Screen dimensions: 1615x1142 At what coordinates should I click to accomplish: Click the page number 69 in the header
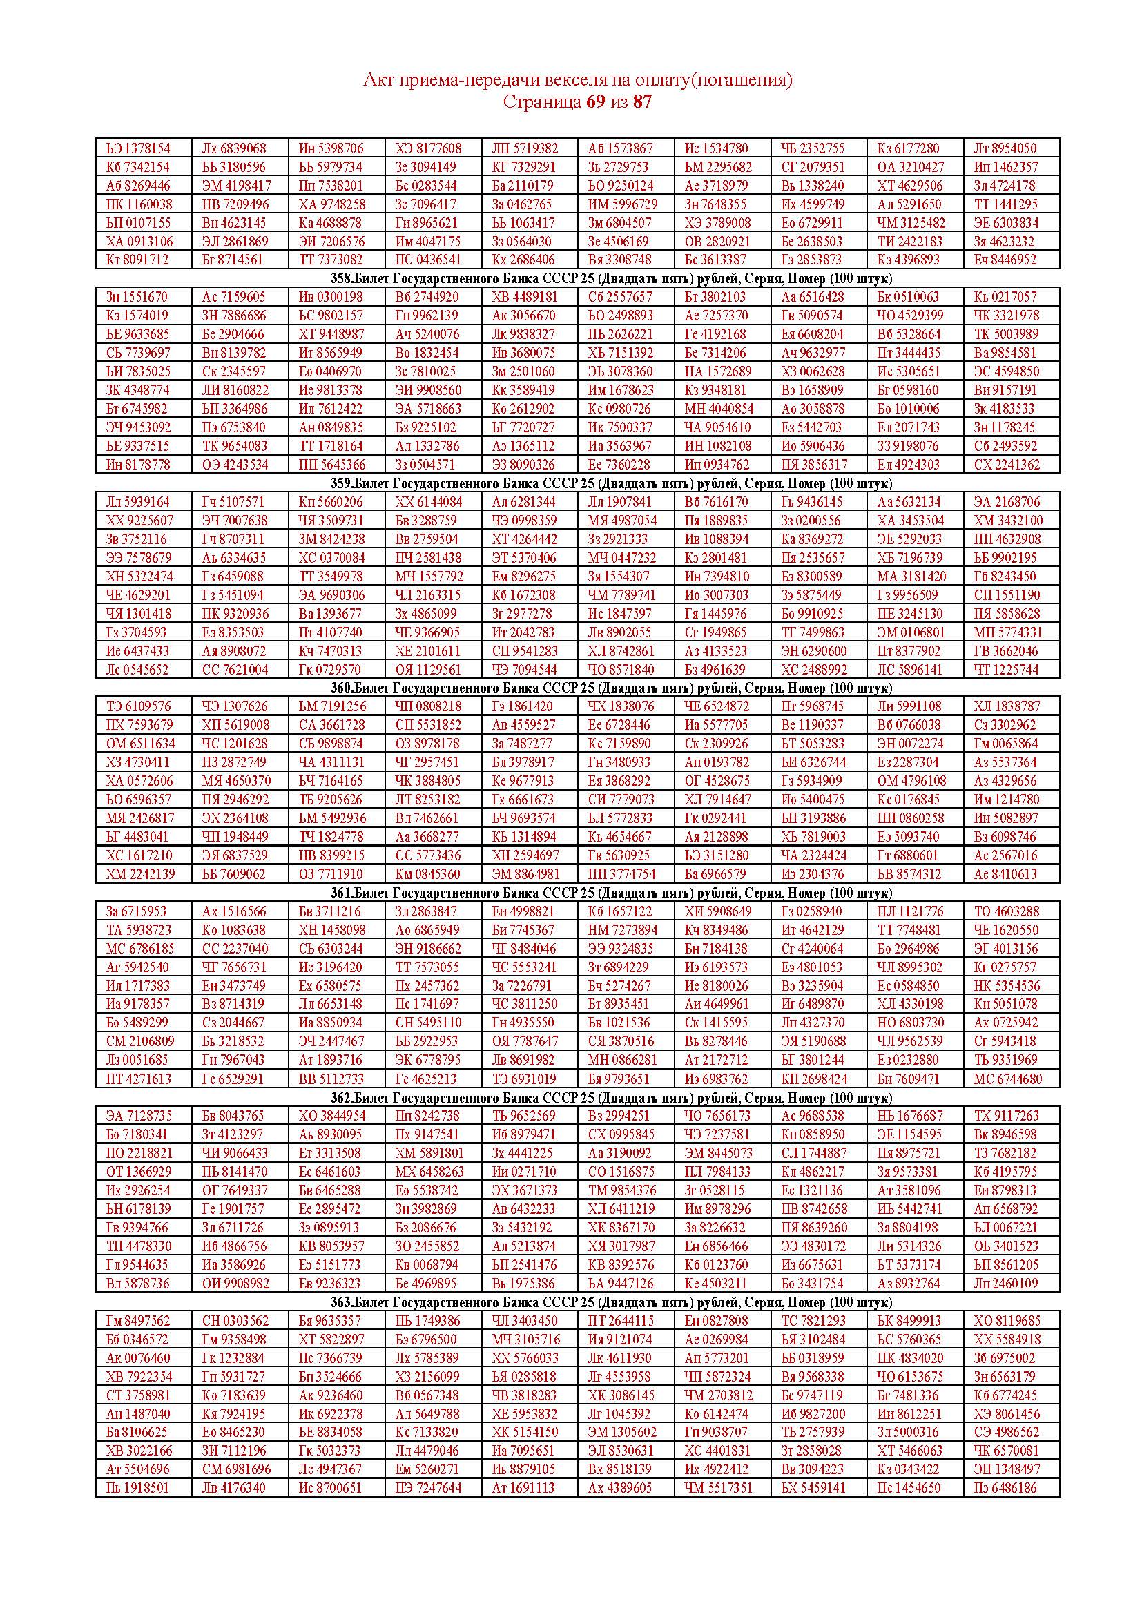595,102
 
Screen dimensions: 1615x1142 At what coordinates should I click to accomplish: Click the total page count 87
642,102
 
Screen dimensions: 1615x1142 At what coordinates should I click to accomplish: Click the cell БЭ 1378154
139,148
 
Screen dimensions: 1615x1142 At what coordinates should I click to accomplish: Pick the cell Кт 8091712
138,260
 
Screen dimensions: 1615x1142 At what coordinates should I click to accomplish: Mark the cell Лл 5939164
138,502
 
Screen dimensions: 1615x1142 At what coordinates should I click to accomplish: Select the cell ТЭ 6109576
138,706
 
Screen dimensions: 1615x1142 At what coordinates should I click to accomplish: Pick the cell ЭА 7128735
139,1116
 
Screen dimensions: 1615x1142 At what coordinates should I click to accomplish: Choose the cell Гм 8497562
138,1321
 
